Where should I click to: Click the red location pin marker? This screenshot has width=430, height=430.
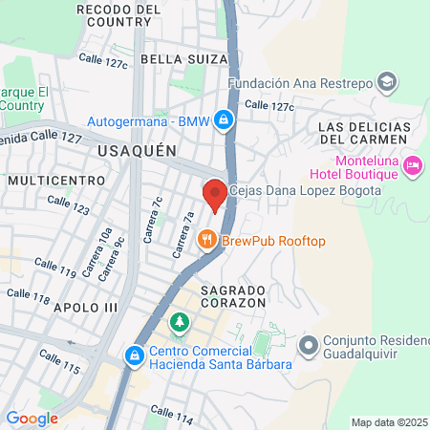pyautogui.click(x=215, y=194)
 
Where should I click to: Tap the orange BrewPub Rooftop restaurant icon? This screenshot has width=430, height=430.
pyautogui.click(x=205, y=240)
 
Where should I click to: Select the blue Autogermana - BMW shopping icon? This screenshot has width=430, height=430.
pyautogui.click(x=223, y=120)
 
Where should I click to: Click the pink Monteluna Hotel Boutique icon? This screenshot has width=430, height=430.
pyautogui.click(x=413, y=166)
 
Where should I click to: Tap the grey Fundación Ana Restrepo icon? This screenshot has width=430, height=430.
pyautogui.click(x=387, y=81)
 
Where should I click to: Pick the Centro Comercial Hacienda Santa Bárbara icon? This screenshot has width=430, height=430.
pyautogui.click(x=135, y=355)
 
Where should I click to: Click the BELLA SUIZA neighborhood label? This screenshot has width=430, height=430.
pyautogui.click(x=176, y=59)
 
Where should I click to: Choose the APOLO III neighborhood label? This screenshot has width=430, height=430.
pyautogui.click(x=85, y=308)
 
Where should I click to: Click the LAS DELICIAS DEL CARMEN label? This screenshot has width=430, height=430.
pyautogui.click(x=367, y=133)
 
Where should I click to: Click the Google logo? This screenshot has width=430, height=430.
pyautogui.click(x=32, y=419)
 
